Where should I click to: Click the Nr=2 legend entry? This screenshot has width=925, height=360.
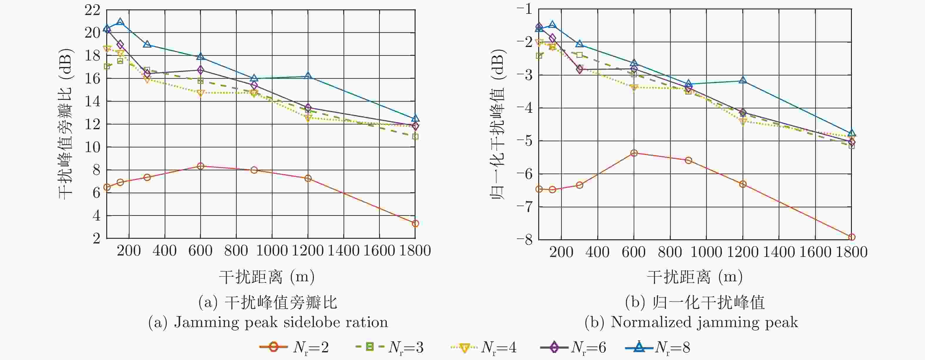pyautogui.click(x=294, y=347)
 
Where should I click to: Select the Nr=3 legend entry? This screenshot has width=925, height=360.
pyautogui.click(x=389, y=347)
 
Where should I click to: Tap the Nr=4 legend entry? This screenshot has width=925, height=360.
pyautogui.click(x=483, y=347)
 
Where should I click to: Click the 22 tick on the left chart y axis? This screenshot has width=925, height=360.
pyautogui.click(x=92, y=10)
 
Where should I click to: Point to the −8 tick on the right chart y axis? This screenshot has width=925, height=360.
pyautogui.click(x=525, y=239)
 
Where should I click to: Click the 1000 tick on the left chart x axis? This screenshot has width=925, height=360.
pyautogui.click(x=272, y=250)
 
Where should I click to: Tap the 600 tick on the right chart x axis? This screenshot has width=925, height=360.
pyautogui.click(x=633, y=252)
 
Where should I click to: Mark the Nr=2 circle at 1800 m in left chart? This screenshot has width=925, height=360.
pyautogui.click(x=416, y=224)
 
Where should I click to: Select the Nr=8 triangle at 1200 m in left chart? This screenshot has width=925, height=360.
pyautogui.click(x=308, y=76)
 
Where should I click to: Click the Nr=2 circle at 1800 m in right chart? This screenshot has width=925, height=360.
pyautogui.click(x=851, y=237)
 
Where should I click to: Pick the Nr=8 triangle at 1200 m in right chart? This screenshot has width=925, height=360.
pyautogui.click(x=743, y=80)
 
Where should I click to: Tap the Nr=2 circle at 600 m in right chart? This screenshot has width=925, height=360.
pyautogui.click(x=634, y=153)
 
